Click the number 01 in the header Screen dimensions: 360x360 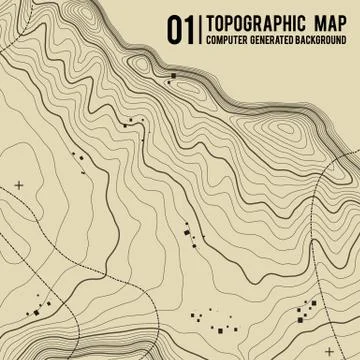click(180, 30)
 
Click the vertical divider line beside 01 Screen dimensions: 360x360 click(198, 30)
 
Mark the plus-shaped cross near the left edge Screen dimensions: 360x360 click(19, 185)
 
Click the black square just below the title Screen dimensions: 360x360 click(173, 75)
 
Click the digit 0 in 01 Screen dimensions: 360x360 click(174, 30)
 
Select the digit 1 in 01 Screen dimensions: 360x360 click(187, 30)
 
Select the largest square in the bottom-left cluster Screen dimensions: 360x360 click(41, 297)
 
